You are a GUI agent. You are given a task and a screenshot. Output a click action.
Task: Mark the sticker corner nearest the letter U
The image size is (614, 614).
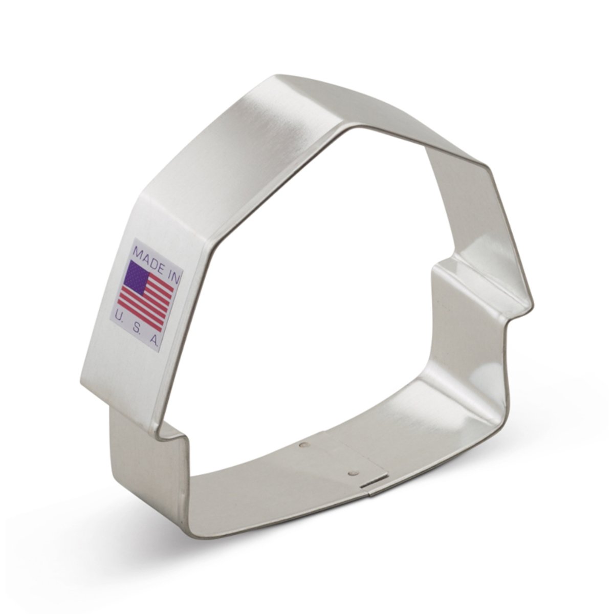tap(111, 322)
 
